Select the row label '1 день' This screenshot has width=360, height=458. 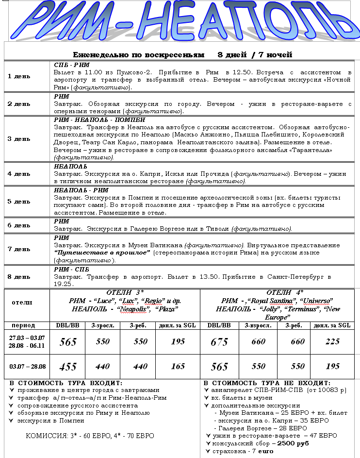[19, 76]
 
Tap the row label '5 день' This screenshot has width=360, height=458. [19, 202]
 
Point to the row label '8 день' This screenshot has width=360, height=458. [19, 276]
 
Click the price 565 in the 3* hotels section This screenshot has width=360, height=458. [68, 342]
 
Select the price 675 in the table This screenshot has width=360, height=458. [219, 342]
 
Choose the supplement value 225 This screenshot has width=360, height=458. [333, 342]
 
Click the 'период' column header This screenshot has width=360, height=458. [23, 325]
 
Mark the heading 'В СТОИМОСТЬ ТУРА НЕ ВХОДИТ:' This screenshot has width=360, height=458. [267, 383]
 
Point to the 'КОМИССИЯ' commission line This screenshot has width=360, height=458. [90, 436]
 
